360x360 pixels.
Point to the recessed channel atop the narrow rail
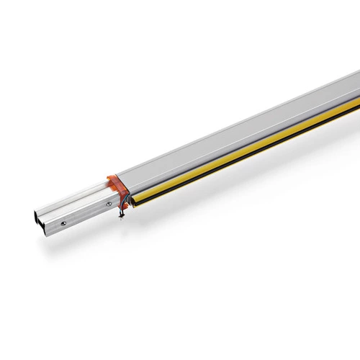point(72,194)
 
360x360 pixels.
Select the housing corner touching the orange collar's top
point(119,172)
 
